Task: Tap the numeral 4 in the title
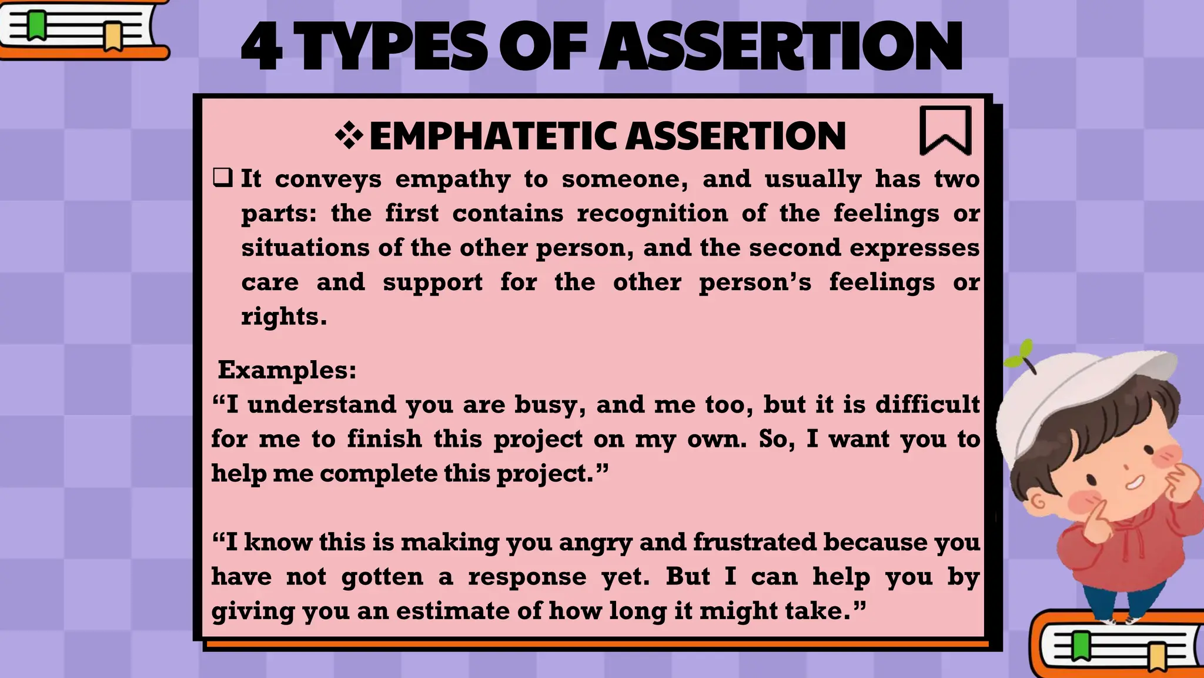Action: (x=262, y=47)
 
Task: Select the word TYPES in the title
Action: (x=391, y=47)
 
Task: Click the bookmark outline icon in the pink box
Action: (x=945, y=131)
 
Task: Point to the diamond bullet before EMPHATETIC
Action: (x=349, y=136)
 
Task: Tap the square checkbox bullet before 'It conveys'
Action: (x=223, y=177)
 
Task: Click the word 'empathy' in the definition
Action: (x=453, y=180)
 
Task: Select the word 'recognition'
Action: (x=652, y=213)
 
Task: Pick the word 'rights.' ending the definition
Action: (x=284, y=317)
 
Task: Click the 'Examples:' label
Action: (x=287, y=370)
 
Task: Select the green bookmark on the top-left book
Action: (x=37, y=25)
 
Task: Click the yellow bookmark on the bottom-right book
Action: (x=1157, y=657)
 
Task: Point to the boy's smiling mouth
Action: (x=1135, y=483)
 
